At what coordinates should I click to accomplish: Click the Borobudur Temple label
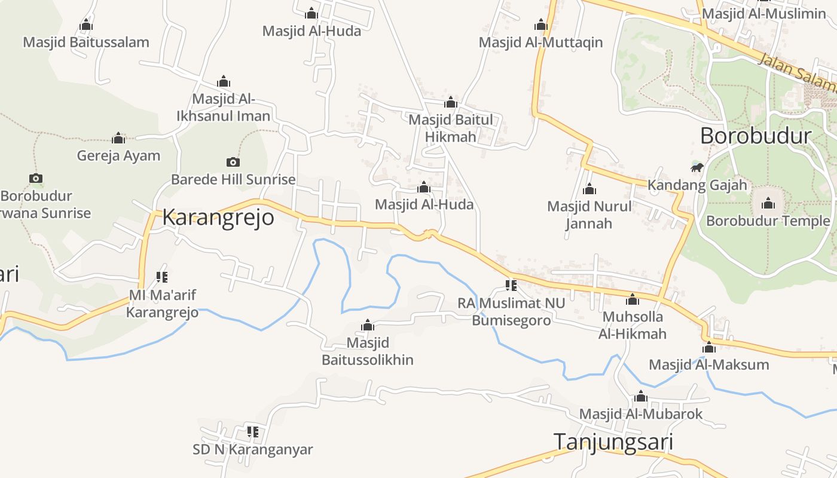point(768,221)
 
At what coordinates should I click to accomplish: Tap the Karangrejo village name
point(218,217)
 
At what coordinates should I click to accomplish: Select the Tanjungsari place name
point(613,442)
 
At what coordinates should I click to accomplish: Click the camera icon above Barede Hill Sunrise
point(233,162)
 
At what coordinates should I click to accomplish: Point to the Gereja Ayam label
point(118,156)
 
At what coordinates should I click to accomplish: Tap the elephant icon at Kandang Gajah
point(697,167)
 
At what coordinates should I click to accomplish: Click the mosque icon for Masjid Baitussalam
point(86,25)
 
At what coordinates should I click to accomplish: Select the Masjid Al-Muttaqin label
point(540,42)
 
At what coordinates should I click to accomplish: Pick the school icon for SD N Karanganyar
point(253,431)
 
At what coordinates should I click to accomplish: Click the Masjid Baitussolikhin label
point(368,351)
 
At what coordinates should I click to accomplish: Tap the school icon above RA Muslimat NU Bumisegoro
point(511,285)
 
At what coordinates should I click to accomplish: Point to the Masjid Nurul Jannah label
point(589,215)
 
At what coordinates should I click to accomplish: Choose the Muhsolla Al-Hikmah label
point(633,325)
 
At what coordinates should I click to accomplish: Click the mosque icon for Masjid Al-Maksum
point(709,347)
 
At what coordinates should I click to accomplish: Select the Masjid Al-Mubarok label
point(641,414)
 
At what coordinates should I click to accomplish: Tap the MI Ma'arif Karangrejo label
point(162,304)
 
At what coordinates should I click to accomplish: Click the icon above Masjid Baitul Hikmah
point(451,103)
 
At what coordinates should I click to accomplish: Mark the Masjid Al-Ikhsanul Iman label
point(224,108)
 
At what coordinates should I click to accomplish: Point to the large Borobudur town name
point(756,136)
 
